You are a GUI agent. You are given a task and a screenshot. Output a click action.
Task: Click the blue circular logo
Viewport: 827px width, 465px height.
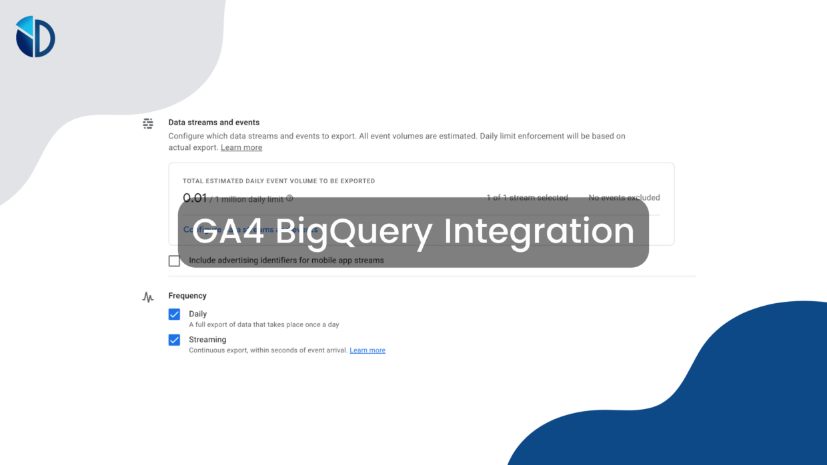[x=35, y=37]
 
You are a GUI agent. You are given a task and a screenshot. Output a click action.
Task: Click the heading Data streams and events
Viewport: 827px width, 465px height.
[x=213, y=123]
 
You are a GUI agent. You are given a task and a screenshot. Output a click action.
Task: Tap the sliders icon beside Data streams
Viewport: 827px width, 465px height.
[x=148, y=123]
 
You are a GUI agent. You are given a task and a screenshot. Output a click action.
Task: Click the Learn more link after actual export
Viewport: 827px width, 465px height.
[x=241, y=148]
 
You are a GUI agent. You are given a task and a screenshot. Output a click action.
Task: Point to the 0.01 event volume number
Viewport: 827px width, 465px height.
[x=195, y=198]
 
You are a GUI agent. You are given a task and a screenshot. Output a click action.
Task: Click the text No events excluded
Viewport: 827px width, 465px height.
[x=624, y=198]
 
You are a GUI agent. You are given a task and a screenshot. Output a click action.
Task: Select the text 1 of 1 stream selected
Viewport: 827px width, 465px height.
[x=527, y=198]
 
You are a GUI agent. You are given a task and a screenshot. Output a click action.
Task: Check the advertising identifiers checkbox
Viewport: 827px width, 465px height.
[x=175, y=260]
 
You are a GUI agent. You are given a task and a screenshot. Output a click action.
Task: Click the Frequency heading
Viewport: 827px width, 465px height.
[x=187, y=296]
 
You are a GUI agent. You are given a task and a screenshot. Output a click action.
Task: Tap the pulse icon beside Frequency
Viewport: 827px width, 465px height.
[x=148, y=297]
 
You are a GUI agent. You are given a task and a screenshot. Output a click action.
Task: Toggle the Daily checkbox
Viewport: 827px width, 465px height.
[x=175, y=314]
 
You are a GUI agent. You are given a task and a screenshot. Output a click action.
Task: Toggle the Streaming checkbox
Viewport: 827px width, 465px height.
[x=175, y=340]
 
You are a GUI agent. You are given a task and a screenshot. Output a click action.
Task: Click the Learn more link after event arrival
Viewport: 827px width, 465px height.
[x=367, y=350]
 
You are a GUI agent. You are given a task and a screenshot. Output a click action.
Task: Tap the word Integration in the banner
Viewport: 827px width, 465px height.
[x=539, y=232]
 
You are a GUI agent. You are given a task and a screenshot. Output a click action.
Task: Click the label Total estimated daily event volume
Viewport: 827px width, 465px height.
[x=279, y=181]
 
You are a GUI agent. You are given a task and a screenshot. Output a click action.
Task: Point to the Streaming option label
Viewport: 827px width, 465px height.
[x=207, y=340]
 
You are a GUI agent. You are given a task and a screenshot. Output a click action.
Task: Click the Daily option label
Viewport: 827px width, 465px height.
[x=198, y=314]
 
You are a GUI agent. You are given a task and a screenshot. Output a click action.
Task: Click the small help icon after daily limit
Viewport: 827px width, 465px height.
[x=289, y=198]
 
